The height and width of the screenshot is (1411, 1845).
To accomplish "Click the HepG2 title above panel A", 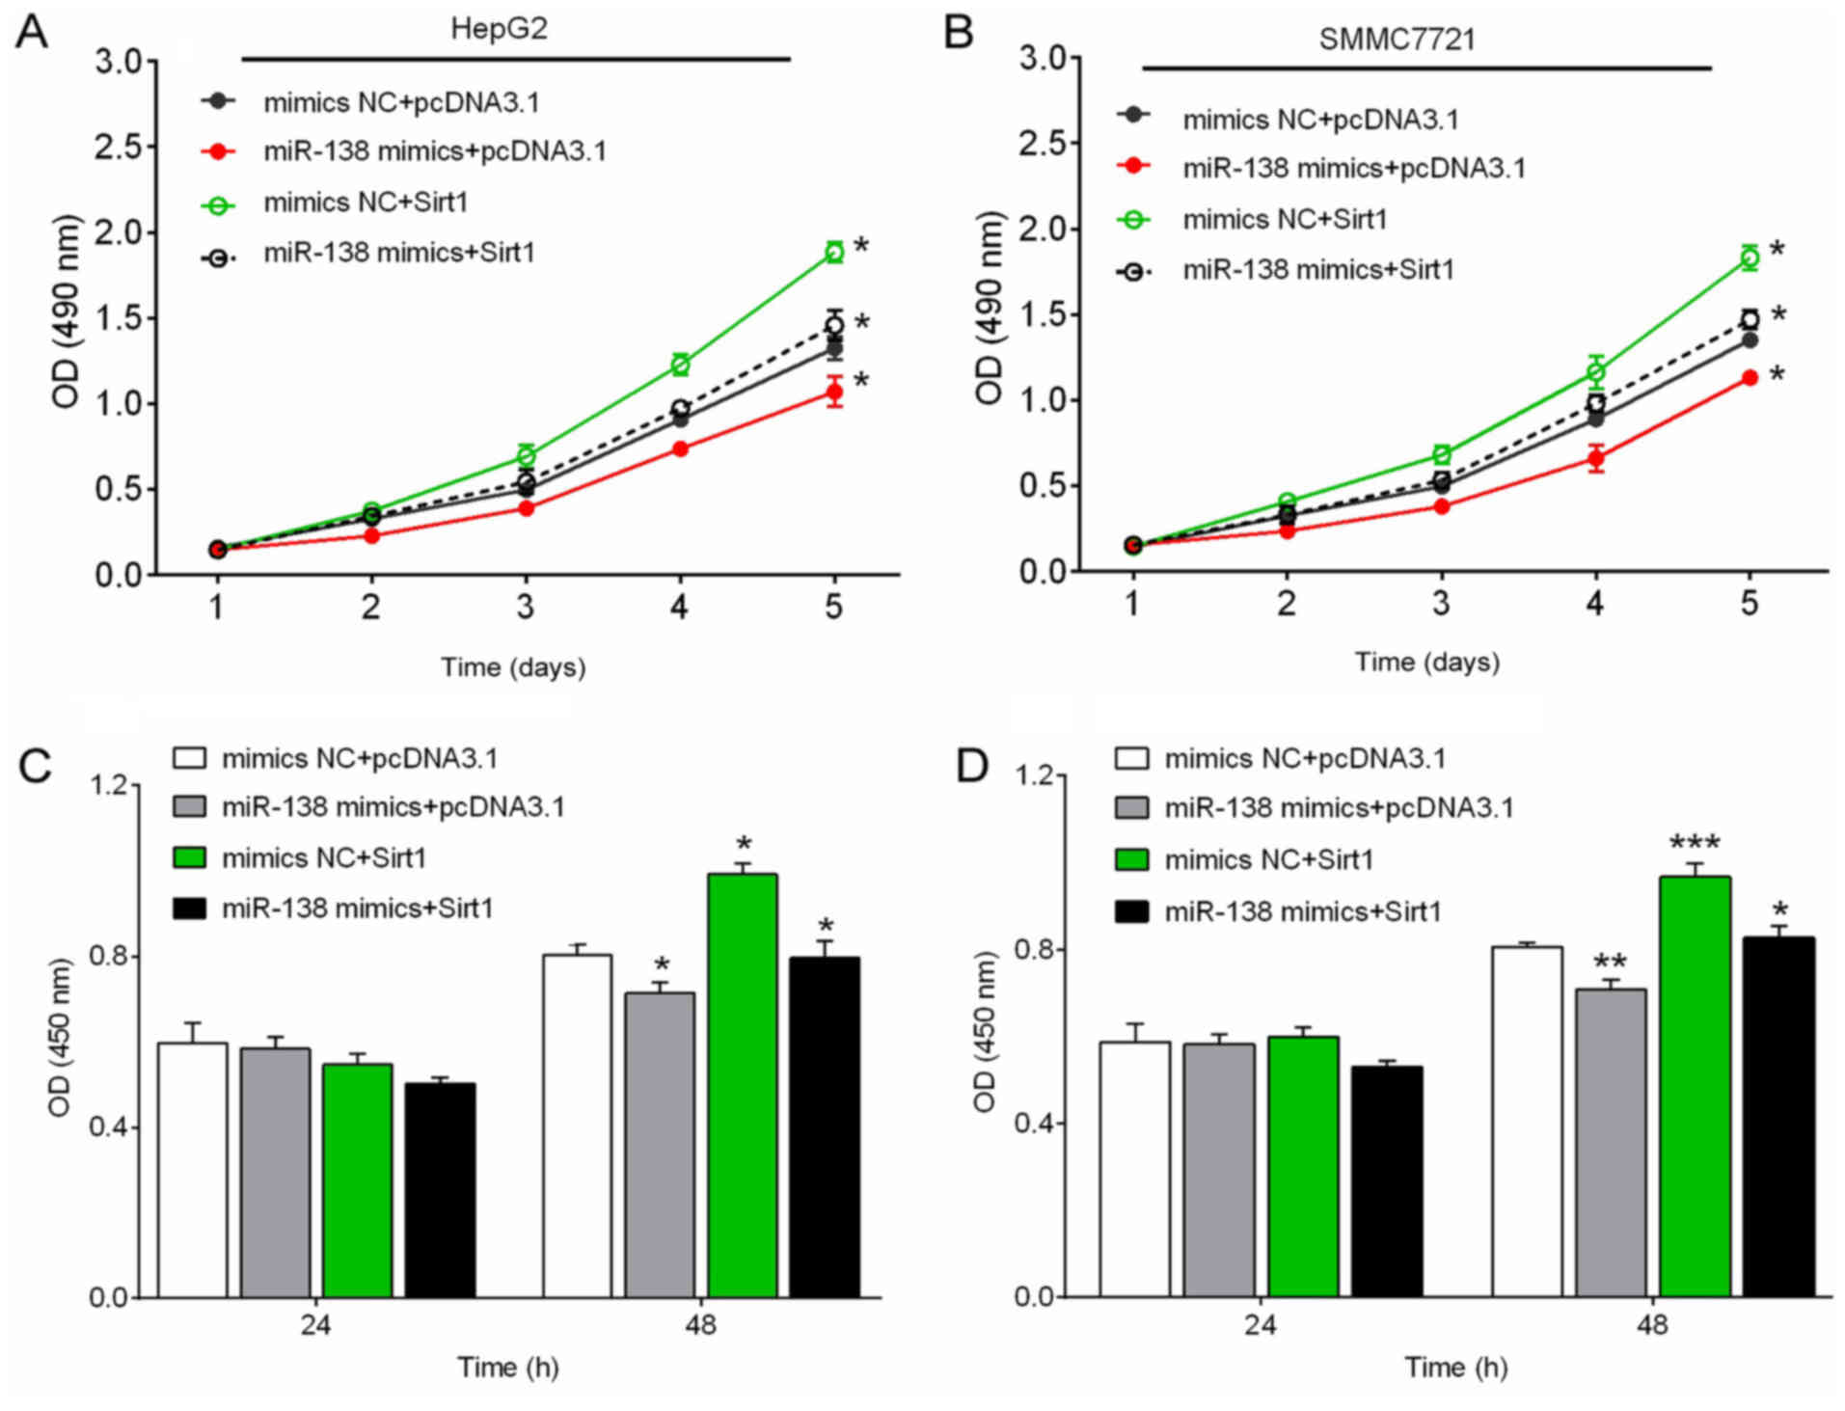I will (499, 28).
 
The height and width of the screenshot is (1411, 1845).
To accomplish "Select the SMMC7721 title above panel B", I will (1397, 40).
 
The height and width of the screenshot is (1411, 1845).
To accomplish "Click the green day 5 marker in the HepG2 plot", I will (833, 253).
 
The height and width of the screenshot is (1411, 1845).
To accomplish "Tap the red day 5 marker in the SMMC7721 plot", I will (1749, 378).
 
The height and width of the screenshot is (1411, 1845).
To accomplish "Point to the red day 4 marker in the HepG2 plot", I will (680, 448).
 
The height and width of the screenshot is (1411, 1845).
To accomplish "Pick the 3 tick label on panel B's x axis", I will (1440, 604).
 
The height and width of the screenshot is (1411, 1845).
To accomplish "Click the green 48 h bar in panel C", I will (742, 1085).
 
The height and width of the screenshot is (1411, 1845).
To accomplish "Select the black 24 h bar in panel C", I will (440, 1190).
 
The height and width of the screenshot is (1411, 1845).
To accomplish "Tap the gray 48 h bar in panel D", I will (1610, 1143).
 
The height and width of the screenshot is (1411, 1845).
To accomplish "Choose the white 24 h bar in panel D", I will (1134, 1169).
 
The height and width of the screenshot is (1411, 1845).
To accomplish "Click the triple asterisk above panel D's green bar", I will (1695, 843).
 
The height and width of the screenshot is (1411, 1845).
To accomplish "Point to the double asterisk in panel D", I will (1610, 963).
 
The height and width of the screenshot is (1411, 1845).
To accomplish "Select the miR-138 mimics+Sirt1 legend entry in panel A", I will (398, 253).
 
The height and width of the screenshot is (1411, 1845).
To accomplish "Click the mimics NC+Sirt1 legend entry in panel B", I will (1285, 220).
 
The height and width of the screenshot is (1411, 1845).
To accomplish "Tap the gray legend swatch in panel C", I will (189, 807).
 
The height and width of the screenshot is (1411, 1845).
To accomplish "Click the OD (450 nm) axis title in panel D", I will (983, 1032).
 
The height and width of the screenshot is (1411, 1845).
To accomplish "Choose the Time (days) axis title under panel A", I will (513, 667).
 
